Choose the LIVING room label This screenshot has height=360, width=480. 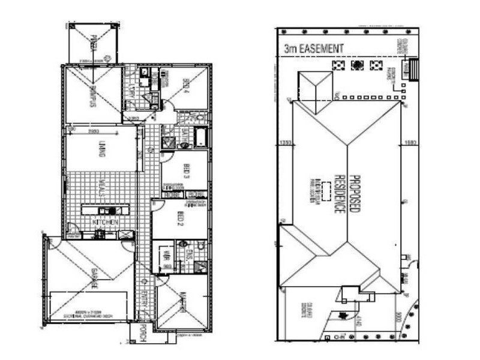[x=101, y=148]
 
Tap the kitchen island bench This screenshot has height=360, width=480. [x=106, y=211]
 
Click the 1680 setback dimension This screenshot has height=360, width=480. [x=409, y=143]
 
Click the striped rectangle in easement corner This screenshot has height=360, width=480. [x=412, y=70]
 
